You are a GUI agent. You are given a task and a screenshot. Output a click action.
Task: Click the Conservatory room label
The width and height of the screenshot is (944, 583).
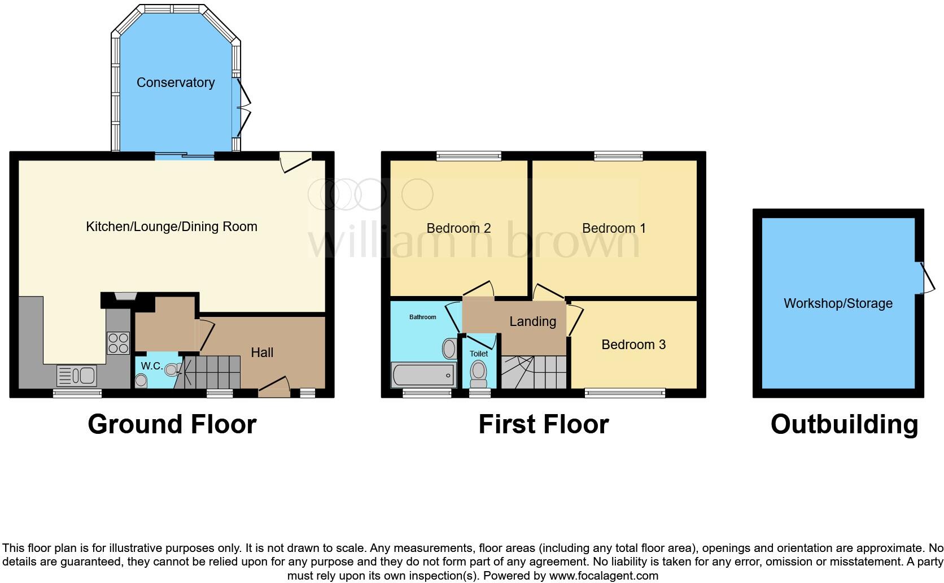176,82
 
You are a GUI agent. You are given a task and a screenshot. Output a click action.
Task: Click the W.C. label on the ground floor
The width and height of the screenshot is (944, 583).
151,366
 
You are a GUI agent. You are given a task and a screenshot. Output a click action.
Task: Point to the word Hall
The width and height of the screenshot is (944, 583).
262,353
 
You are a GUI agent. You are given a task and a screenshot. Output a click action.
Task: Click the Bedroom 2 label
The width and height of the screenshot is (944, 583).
458,228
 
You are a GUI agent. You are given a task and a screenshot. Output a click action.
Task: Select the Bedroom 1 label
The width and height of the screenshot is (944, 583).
614,228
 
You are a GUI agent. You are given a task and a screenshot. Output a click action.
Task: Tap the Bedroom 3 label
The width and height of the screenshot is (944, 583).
633,345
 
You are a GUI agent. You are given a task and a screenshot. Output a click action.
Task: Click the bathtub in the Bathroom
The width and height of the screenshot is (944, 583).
423,375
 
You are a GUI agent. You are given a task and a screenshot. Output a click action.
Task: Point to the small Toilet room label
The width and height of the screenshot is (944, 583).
479,354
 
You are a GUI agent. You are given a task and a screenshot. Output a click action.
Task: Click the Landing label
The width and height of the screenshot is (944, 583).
532,321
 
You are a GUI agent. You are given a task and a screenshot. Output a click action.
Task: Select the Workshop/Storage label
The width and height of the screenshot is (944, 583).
838,303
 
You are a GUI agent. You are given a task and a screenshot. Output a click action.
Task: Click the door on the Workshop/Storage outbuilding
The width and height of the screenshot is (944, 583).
925,278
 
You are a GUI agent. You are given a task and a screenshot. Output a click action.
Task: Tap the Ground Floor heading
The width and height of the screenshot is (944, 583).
172,424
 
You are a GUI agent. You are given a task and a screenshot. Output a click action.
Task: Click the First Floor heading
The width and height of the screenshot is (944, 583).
543,424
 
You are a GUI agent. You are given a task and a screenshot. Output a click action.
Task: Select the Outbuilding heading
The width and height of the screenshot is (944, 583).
844,424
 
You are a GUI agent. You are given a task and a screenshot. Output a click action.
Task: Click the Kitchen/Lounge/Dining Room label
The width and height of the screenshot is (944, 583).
172,227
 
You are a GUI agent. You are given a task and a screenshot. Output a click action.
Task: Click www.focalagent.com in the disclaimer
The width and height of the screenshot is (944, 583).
604,576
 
